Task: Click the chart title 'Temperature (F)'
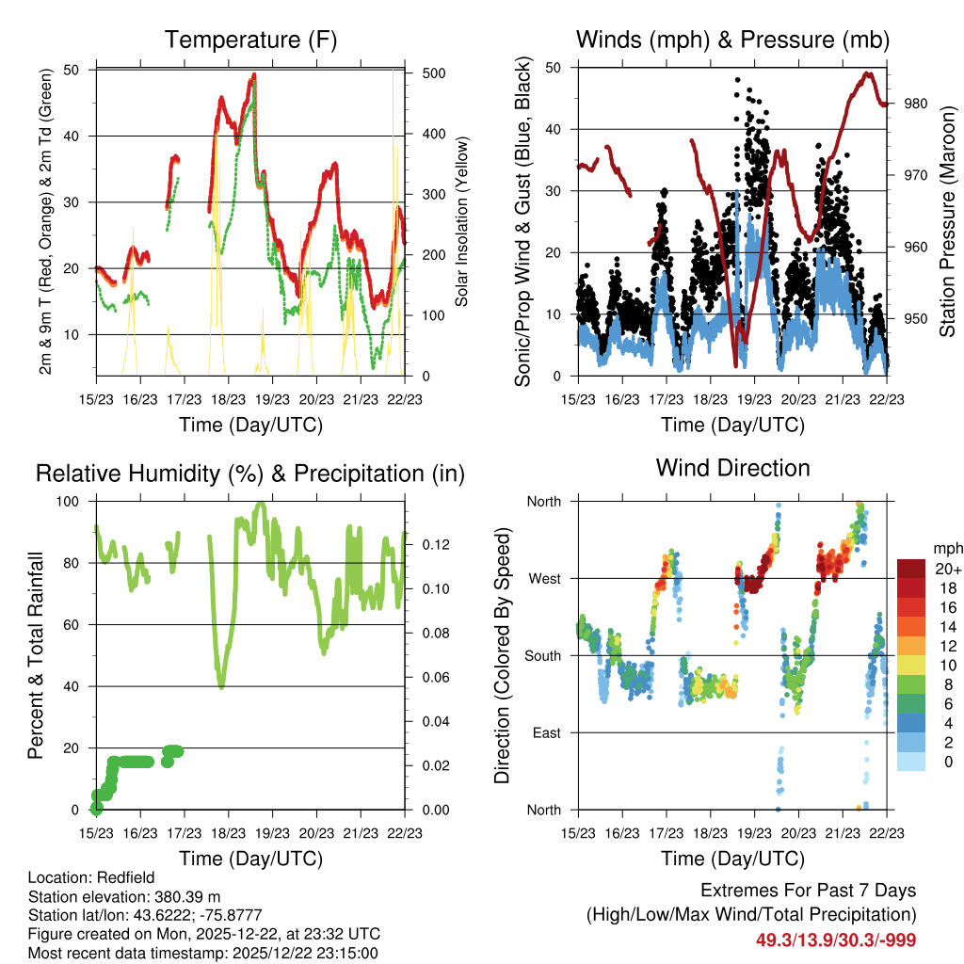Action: (x=250, y=40)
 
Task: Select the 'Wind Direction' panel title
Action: (x=732, y=468)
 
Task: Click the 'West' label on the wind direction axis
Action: (x=543, y=578)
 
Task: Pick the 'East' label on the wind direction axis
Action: (x=545, y=732)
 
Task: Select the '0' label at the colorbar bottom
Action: (x=949, y=763)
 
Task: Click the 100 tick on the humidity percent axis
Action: (x=72, y=501)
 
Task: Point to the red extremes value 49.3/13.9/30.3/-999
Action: (x=835, y=940)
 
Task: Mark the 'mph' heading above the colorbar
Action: (x=947, y=548)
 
